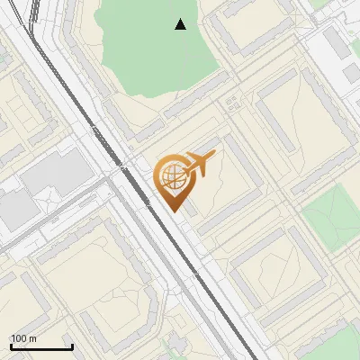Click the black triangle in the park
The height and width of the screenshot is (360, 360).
[x=180, y=24]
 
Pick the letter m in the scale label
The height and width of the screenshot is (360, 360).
[x=33, y=338]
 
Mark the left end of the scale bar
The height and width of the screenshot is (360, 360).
[x=11, y=346]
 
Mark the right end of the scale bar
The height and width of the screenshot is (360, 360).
[x=72, y=346]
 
